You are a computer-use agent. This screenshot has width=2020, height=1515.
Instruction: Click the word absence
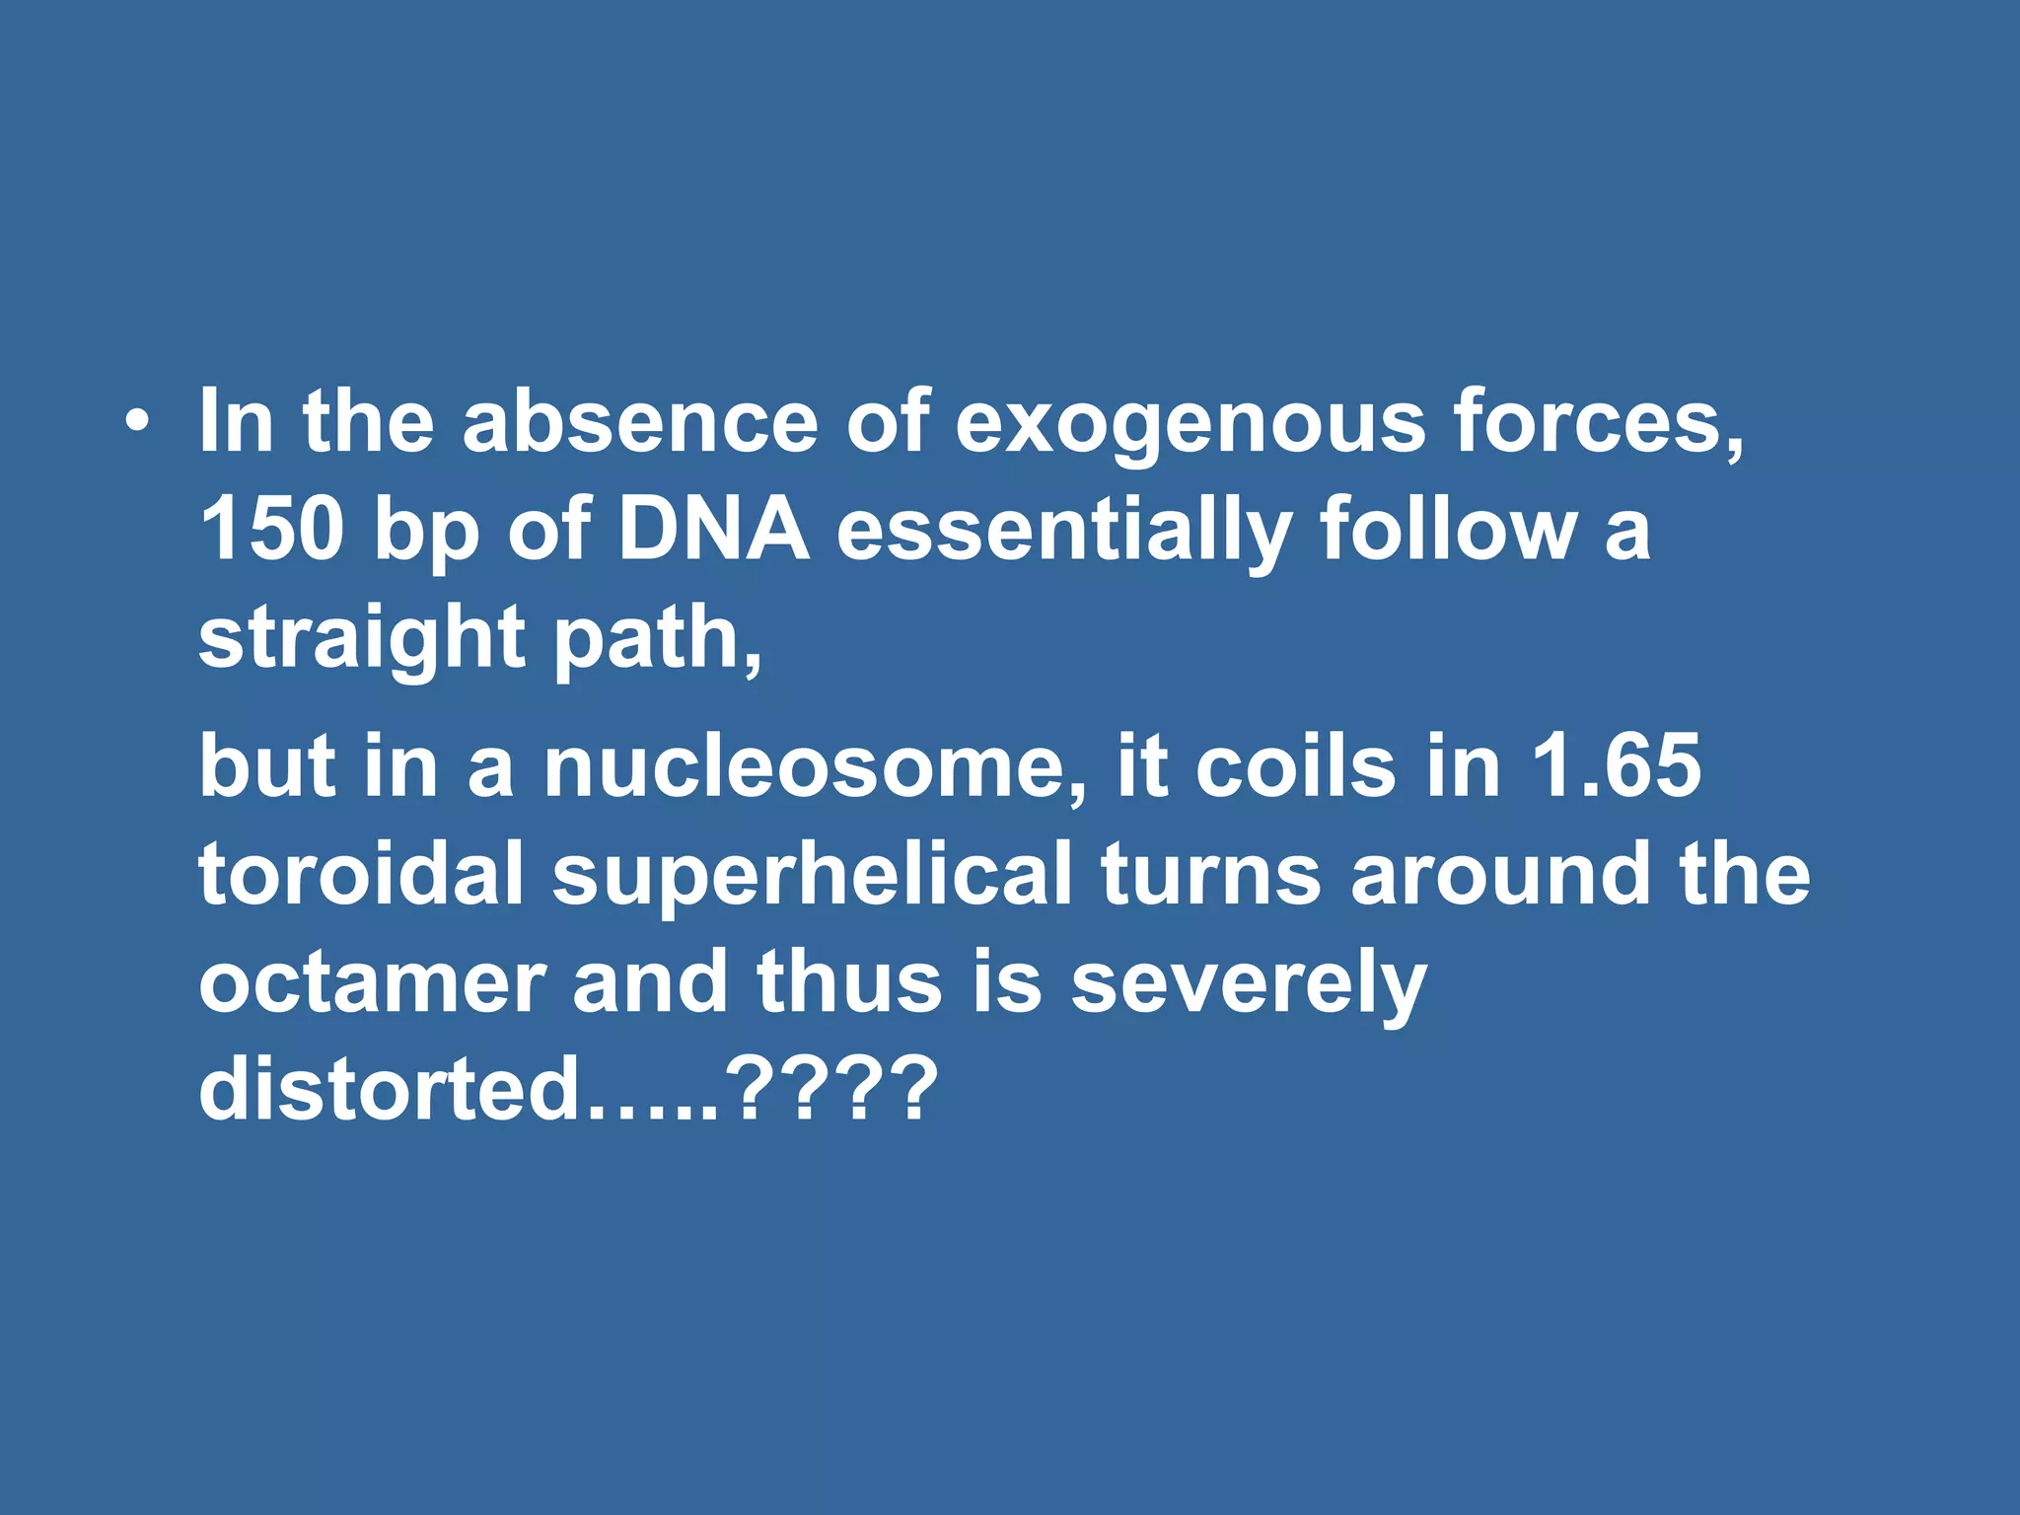640,422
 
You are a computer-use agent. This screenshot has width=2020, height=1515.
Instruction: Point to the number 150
272,530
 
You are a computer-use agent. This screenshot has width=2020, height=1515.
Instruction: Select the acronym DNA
713,530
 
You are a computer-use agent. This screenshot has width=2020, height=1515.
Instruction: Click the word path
657,639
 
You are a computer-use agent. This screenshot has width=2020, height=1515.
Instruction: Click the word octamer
372,983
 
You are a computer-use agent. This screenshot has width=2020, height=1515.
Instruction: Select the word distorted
390,1090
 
